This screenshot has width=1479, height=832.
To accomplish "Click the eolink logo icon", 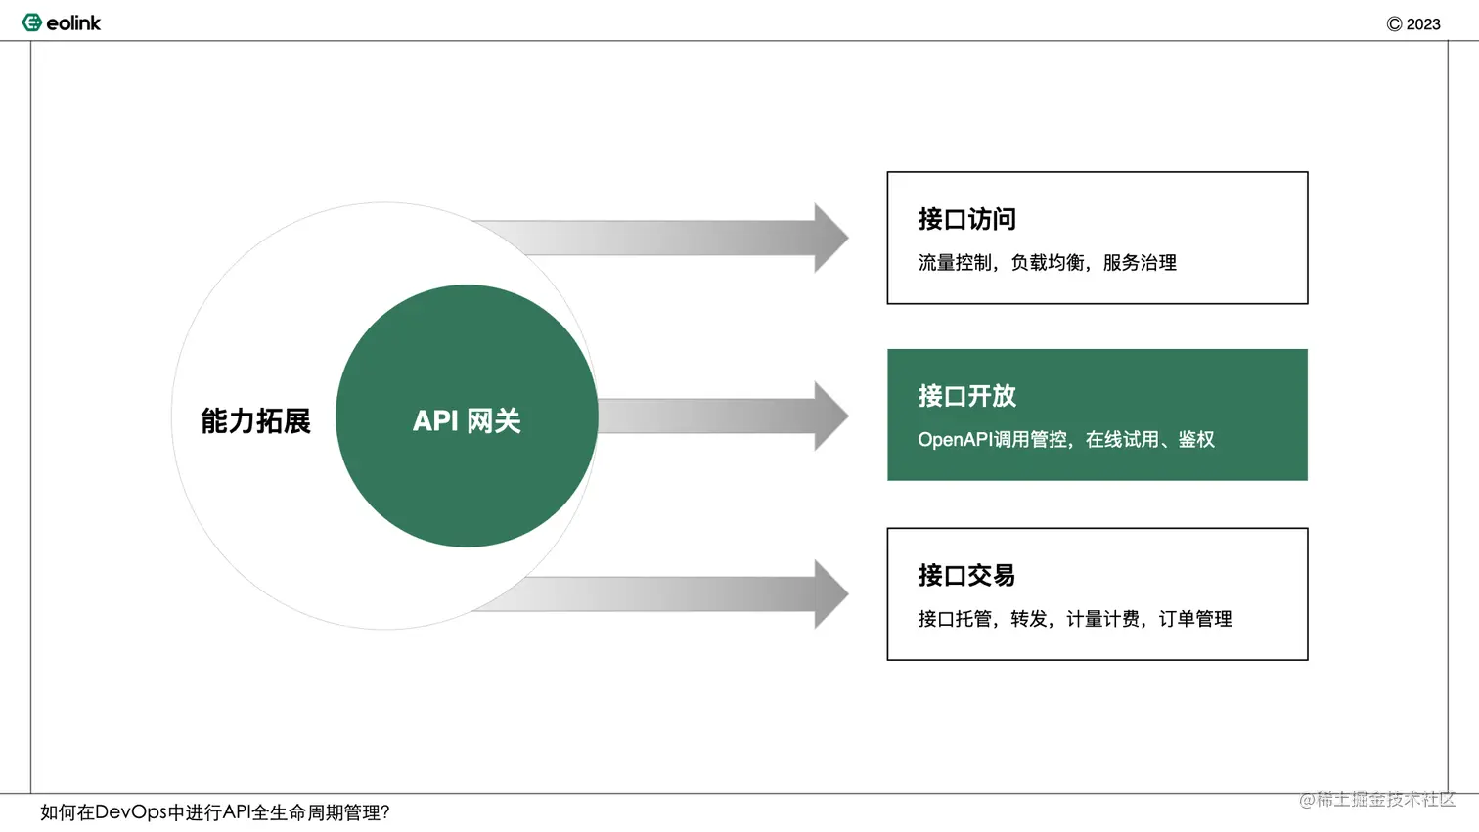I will pos(31,22).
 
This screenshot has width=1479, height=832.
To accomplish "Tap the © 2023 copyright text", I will pos(1412,24).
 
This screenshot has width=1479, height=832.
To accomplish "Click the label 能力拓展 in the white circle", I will pos(255,420).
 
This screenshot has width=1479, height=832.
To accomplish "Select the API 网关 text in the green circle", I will pos(467,420).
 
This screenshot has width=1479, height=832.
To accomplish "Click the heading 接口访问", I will pos(966,219).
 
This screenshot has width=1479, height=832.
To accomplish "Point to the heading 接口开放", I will pos(966,396).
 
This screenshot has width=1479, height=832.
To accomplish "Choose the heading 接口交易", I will pos(966,575).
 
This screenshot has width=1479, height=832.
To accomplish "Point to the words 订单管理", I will pos(1195,619).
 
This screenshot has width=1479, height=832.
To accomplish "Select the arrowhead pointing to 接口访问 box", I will pos(829,238).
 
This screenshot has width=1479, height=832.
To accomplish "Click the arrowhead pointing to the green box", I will pos(829,416).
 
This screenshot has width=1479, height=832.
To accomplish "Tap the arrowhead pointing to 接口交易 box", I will pos(829,593).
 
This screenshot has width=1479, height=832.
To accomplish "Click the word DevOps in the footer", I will pos(131,812).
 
